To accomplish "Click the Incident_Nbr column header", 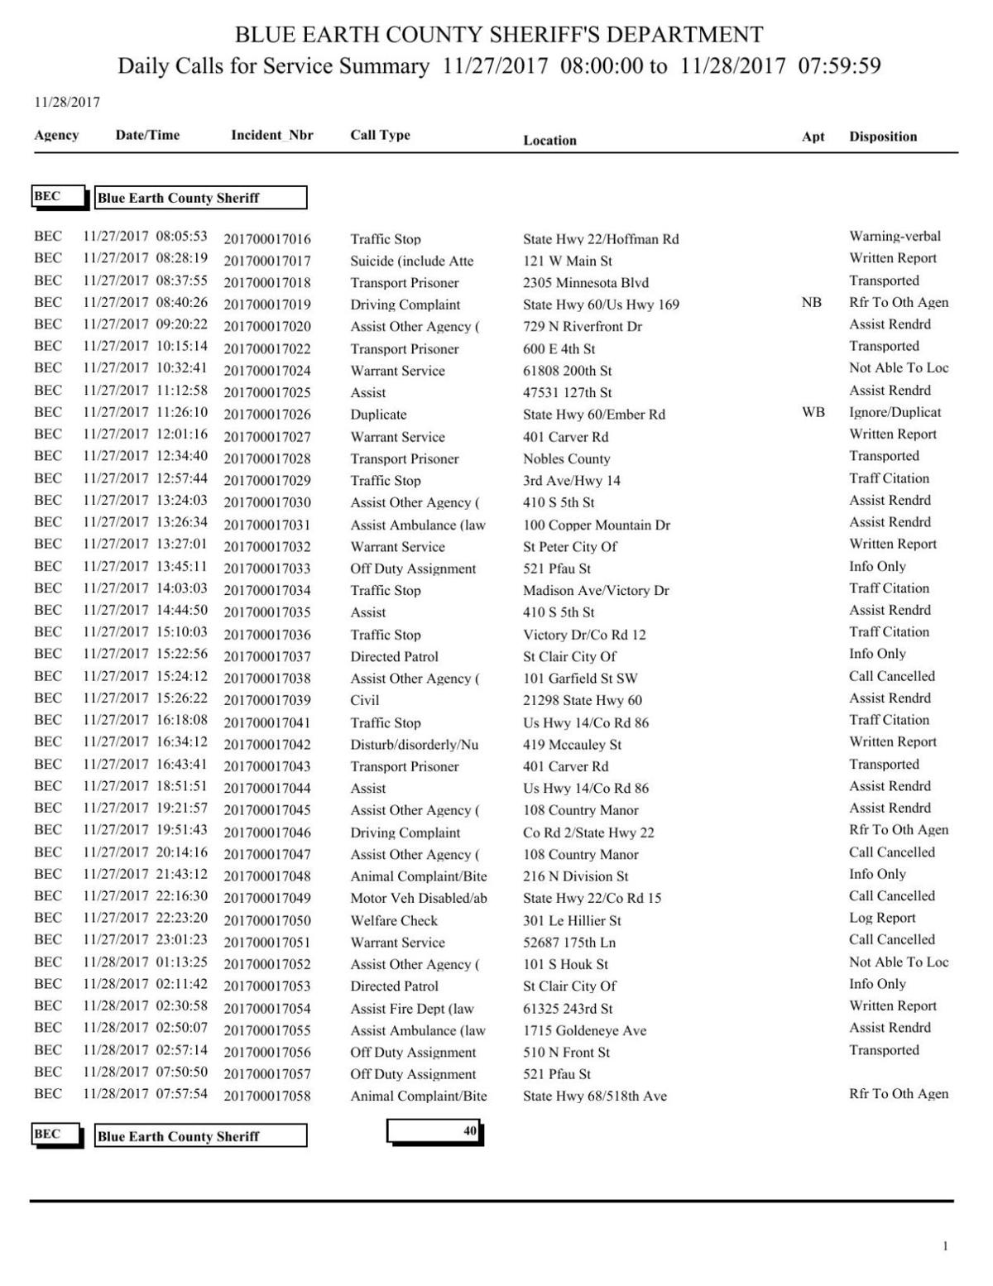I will pyautogui.click(x=271, y=135).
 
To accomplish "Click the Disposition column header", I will pyautogui.click(x=882, y=137).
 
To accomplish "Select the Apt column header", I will pyautogui.click(x=813, y=137).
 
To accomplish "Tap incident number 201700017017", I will pyautogui.click(x=267, y=262).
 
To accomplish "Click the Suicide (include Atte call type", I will pyautogui.click(x=411, y=262).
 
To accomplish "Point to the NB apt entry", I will pyautogui.click(x=811, y=303).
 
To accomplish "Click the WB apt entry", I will pyautogui.click(x=813, y=412).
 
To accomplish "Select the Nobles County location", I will pyautogui.click(x=566, y=458).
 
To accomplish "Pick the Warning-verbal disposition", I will pyautogui.click(x=895, y=237).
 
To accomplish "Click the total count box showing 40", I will pyautogui.click(x=434, y=1131).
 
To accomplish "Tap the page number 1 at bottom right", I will pyautogui.click(x=945, y=1246).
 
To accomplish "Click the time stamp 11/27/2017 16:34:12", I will pyautogui.click(x=145, y=742).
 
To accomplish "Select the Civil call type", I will pyautogui.click(x=364, y=700).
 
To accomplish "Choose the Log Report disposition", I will pyautogui.click(x=882, y=918).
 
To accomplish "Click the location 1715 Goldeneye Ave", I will pyautogui.click(x=584, y=1030).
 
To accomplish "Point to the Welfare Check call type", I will pyautogui.click(x=394, y=920).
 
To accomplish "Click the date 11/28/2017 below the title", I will pyautogui.click(x=66, y=103).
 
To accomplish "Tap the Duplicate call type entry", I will pyautogui.click(x=378, y=415).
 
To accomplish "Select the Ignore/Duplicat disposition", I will pyautogui.click(x=895, y=412).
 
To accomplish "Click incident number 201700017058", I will pyautogui.click(x=267, y=1096).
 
